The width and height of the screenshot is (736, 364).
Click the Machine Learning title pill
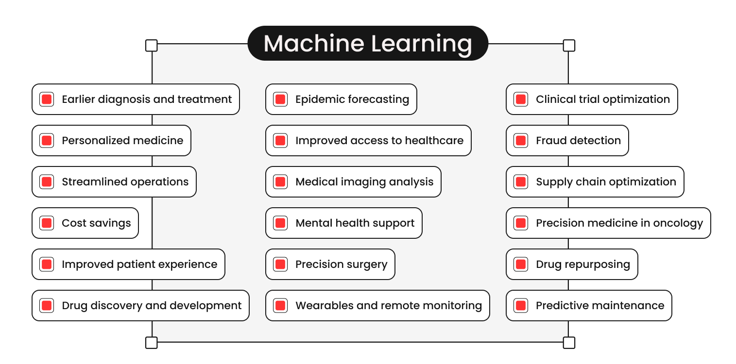(367, 43)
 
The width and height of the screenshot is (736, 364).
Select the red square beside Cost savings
(47, 223)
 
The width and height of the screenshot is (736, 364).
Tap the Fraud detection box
(567, 141)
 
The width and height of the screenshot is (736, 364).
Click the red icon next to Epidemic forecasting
(280, 99)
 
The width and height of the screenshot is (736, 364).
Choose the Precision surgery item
(330, 265)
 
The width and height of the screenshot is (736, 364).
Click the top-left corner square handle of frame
(152, 46)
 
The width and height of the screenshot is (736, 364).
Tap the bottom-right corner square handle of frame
(569, 343)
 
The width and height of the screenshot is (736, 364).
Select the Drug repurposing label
(582, 265)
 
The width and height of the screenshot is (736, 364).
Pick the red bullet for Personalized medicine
(47, 141)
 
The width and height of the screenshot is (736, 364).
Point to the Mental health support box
(343, 223)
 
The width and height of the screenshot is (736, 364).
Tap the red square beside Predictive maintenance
(521, 306)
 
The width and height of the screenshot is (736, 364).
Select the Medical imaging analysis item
(353, 182)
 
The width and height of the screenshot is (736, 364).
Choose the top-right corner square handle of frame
(569, 46)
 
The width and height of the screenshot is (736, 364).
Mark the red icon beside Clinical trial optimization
(521, 99)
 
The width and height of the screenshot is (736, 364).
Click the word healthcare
(434, 141)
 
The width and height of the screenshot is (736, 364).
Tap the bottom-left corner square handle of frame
(152, 343)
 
